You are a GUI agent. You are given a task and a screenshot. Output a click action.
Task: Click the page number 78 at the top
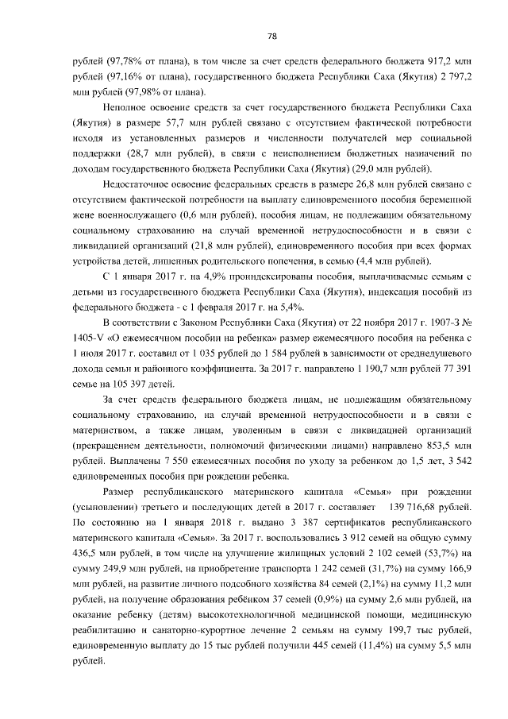(271, 36)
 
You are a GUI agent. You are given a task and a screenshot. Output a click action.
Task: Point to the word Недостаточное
(140, 185)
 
